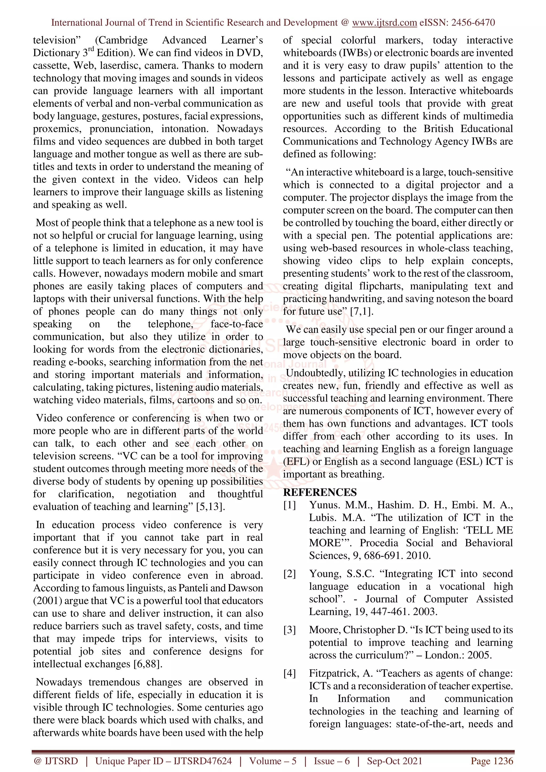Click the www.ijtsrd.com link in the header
pos(384,23)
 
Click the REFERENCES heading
pos(320,492)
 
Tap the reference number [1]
pos(289,505)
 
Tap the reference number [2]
pos(289,574)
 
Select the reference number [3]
pos(289,630)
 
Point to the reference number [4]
pos(289,673)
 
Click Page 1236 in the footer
pos(492,761)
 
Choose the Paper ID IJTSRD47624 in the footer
pos(203,761)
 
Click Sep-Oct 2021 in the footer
pos(394,761)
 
